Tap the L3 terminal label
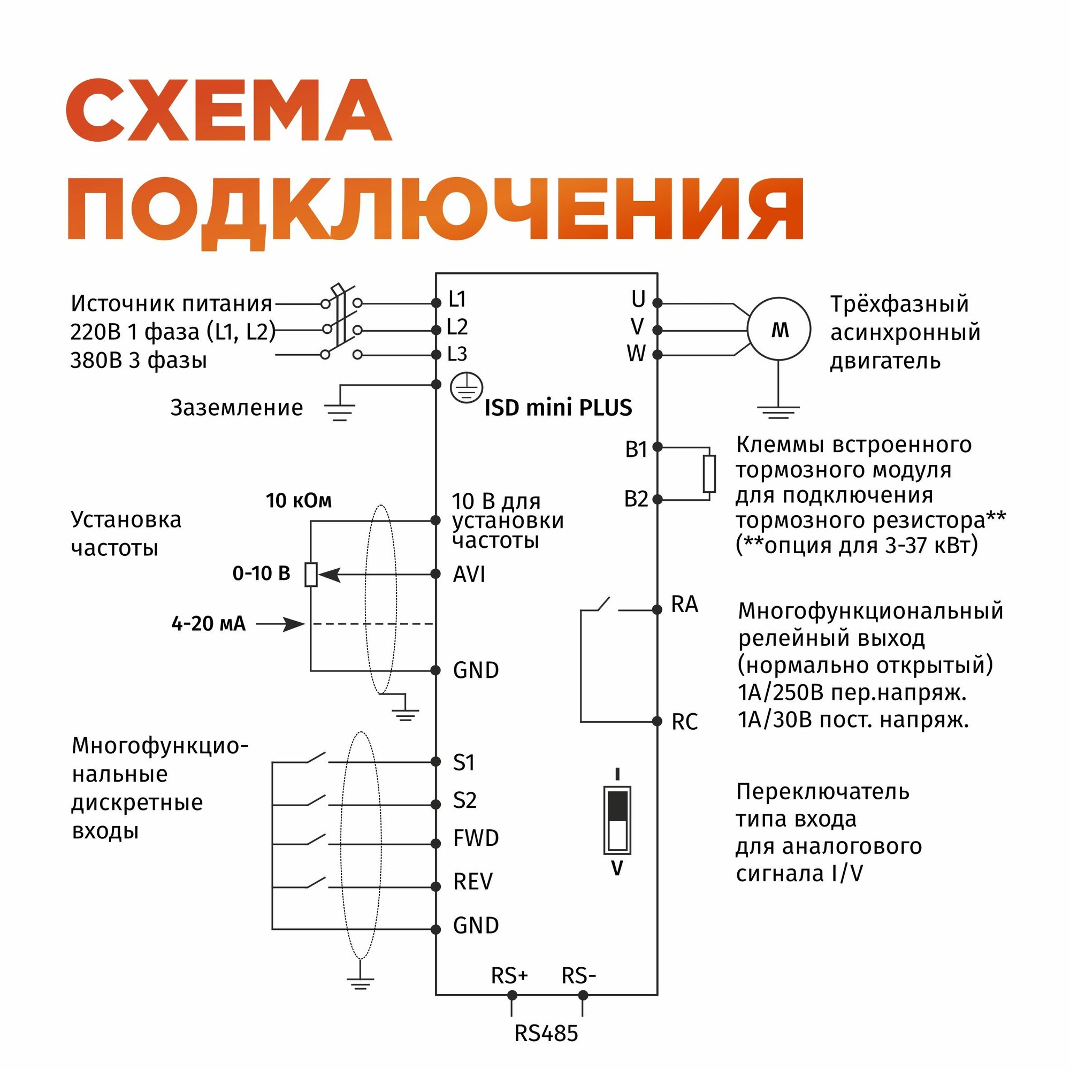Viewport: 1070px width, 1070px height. tap(457, 354)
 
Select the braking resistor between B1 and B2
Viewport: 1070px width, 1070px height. tap(709, 473)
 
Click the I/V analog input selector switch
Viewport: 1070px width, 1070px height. tap(617, 820)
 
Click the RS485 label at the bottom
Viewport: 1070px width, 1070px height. tap(546, 1033)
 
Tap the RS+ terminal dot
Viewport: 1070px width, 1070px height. tap(512, 995)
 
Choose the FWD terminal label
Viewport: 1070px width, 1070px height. tap(476, 838)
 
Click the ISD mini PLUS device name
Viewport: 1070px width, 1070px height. tap(557, 408)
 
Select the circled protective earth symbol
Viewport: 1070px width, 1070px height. tap(467, 387)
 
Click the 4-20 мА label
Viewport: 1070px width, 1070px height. tap(208, 624)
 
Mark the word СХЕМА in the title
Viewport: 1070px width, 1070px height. tap(229, 111)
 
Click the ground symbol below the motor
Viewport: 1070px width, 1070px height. tap(778, 411)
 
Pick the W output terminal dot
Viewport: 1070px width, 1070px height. tap(658, 355)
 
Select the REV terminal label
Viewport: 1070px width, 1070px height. tap(472, 881)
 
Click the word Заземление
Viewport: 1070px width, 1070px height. tap(236, 408)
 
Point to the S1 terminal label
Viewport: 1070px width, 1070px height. tap(463, 762)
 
